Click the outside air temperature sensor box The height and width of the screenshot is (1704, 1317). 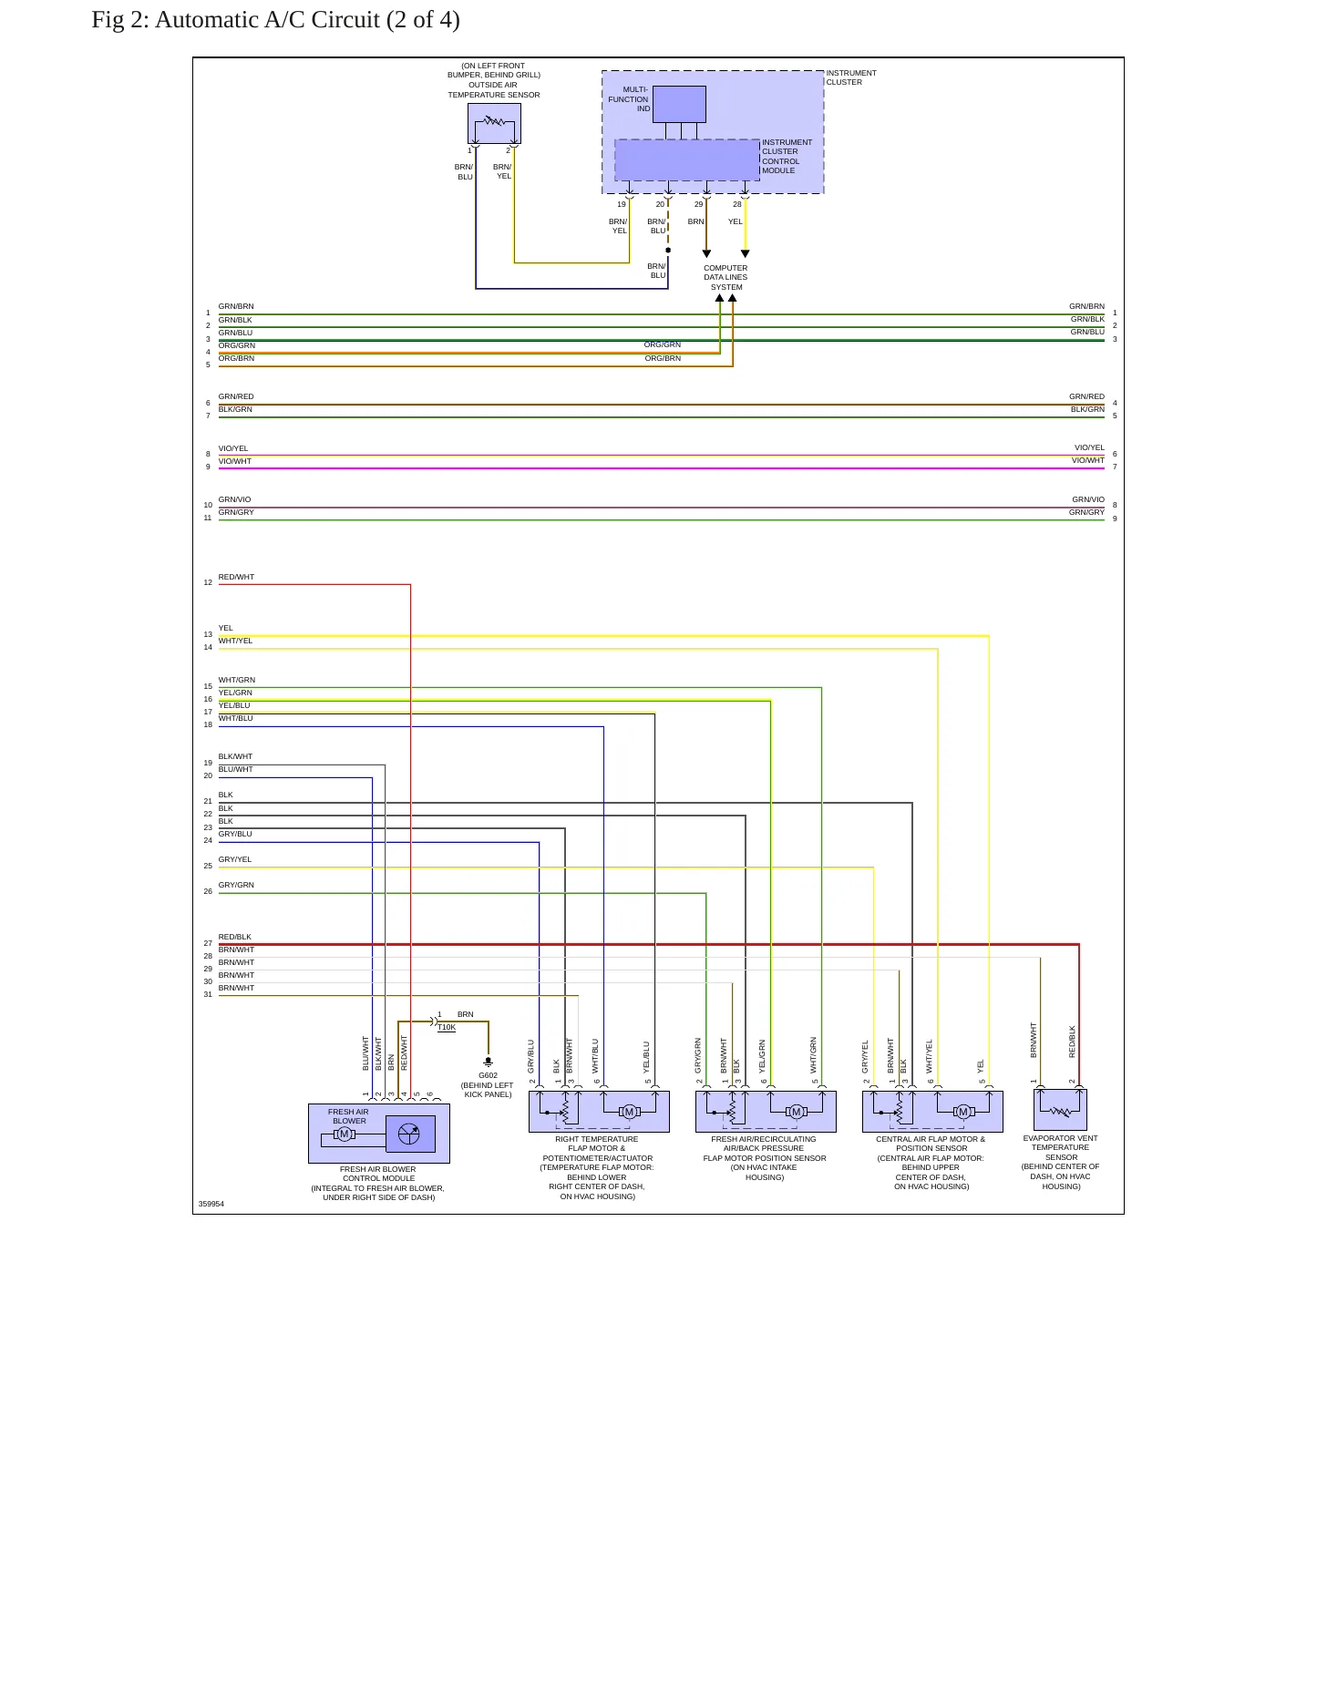(x=494, y=123)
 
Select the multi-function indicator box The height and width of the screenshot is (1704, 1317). (x=679, y=104)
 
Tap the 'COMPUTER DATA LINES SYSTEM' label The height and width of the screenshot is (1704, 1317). (x=725, y=278)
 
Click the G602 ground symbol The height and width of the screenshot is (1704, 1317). (x=489, y=1062)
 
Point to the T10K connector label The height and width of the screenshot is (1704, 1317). (x=447, y=1028)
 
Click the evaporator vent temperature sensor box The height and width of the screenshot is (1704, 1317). (x=1060, y=1110)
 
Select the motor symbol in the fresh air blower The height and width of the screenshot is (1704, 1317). (x=345, y=1134)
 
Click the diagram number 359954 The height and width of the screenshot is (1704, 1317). (x=211, y=1204)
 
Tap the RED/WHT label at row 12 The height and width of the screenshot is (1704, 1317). (x=236, y=577)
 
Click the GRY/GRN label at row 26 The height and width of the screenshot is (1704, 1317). (x=236, y=885)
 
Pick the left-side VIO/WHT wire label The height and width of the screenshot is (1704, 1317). (x=235, y=461)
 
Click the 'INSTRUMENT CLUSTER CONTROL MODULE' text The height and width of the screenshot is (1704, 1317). (x=787, y=157)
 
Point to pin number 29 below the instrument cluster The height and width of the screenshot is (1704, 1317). (x=699, y=204)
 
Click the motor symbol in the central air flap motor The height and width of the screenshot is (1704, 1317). (x=963, y=1112)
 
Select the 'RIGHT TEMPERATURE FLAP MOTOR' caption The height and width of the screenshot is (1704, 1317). (x=597, y=1144)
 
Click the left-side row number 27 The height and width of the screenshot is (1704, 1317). (x=208, y=943)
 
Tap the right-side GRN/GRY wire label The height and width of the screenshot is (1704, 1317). (x=1086, y=512)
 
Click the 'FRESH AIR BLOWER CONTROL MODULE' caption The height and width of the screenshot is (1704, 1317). (x=378, y=1174)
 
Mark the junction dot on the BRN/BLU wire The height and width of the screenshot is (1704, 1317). (x=668, y=250)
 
